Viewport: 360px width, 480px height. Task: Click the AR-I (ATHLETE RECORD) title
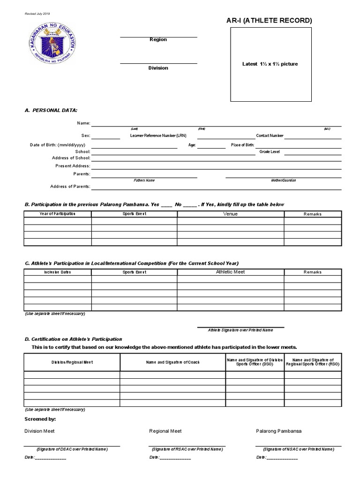[x=270, y=20]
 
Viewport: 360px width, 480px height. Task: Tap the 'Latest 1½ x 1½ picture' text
[x=270, y=64]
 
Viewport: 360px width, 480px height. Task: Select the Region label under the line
[x=158, y=40]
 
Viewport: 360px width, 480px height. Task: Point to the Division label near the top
[x=158, y=68]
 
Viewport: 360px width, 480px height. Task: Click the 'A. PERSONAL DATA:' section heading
[x=51, y=110]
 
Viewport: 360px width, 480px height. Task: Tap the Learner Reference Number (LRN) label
[x=158, y=135]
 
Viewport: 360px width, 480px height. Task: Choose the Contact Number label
[x=270, y=135]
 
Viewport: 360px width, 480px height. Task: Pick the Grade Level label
[x=270, y=152]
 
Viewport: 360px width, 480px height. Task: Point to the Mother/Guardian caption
[x=284, y=180]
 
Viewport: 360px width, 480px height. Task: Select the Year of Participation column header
[x=57, y=214]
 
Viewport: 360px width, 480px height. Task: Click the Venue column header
[x=230, y=214]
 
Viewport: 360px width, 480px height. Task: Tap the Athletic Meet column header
[x=230, y=272]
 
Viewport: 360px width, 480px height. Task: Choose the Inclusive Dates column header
[x=57, y=272]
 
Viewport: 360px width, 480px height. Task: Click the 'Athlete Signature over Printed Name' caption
[x=240, y=330]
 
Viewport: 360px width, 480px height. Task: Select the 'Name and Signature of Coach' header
[x=172, y=362]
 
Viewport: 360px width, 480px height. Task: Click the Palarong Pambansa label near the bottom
[x=278, y=431]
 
